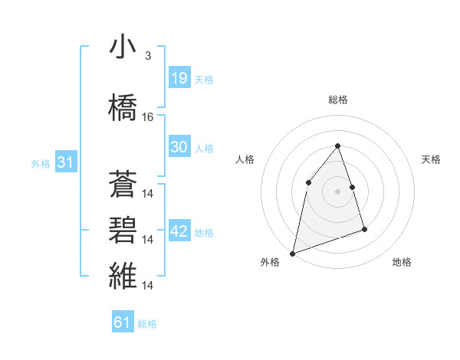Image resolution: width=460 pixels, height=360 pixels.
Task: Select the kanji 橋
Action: click(123, 107)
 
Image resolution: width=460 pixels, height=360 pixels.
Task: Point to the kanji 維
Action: click(123, 277)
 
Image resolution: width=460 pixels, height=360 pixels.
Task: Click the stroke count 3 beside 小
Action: click(147, 56)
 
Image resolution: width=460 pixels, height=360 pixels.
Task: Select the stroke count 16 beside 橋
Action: click(148, 117)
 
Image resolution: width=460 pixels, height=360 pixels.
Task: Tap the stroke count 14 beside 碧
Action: click(149, 240)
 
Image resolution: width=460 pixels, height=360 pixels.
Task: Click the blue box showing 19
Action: click(179, 77)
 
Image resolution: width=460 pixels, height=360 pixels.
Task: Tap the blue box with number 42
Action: click(179, 231)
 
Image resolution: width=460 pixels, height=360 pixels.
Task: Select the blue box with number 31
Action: click(65, 162)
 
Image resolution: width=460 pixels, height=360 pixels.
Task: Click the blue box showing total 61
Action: click(123, 322)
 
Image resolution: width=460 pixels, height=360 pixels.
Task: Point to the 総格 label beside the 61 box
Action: click(147, 324)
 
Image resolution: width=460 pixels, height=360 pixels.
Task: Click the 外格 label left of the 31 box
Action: click(40, 164)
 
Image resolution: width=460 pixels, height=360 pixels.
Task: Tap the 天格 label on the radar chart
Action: click(432, 159)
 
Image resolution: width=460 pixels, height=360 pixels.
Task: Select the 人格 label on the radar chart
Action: click(245, 159)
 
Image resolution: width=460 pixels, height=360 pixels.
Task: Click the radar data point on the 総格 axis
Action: click(337, 146)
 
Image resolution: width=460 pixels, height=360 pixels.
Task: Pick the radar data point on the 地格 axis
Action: click(364, 229)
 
